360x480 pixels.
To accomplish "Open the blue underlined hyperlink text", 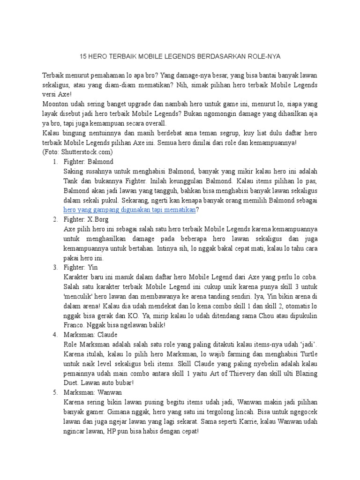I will point(129,210).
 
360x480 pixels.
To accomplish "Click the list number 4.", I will point(55,334).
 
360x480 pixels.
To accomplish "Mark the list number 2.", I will point(55,219).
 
